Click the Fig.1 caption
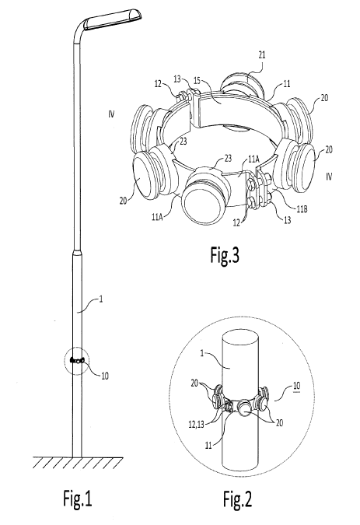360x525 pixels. (x=78, y=499)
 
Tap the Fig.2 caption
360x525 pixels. (x=238, y=499)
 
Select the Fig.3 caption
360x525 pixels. (x=225, y=255)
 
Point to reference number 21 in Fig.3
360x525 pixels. (x=262, y=55)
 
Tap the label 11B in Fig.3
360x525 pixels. (x=302, y=209)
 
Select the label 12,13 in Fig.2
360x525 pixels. (x=197, y=424)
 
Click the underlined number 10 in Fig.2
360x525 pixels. (x=296, y=386)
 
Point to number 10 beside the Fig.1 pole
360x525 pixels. (x=105, y=376)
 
